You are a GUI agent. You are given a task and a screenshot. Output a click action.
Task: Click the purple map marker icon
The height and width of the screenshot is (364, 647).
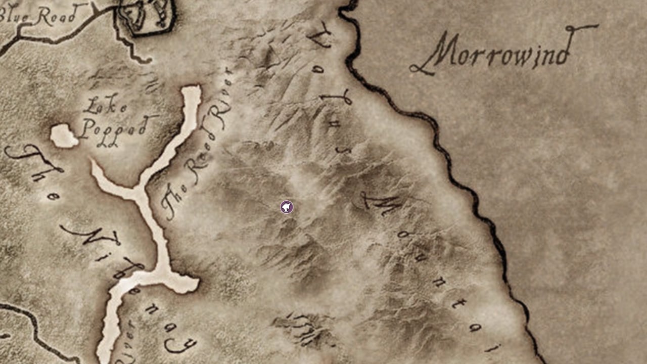tap(287, 207)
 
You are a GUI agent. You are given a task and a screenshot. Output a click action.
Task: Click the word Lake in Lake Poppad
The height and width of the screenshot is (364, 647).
tap(106, 106)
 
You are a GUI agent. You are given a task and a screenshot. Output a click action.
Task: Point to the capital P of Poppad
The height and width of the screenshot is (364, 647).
tap(87, 129)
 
